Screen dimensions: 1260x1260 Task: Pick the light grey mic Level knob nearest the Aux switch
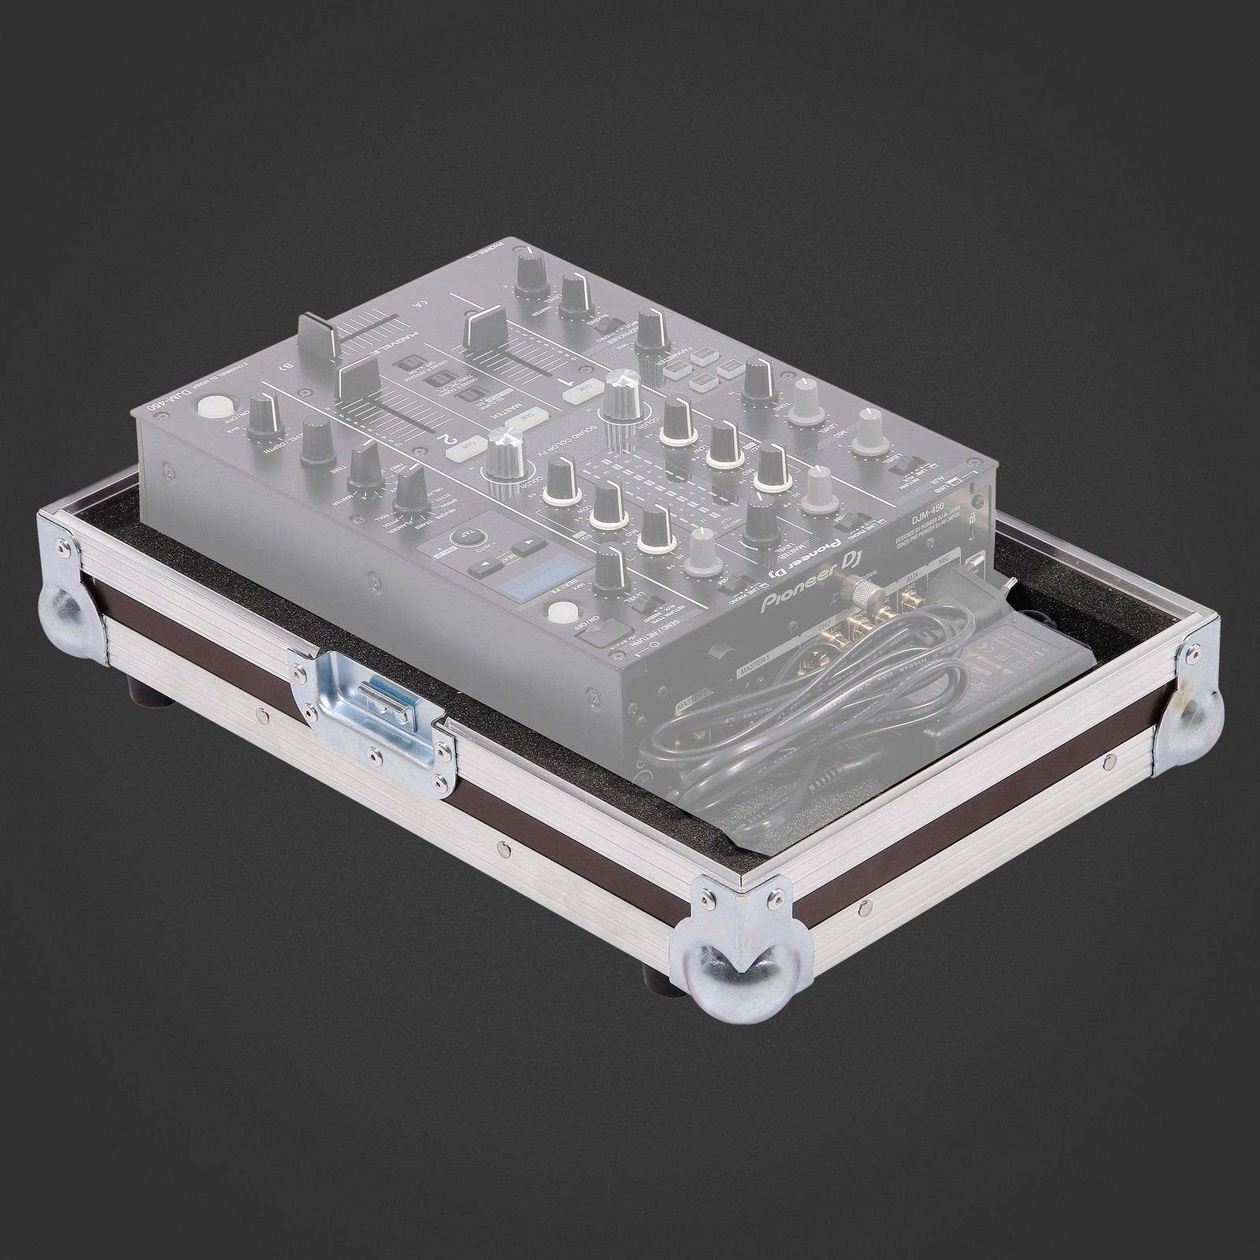tap(869, 431)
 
